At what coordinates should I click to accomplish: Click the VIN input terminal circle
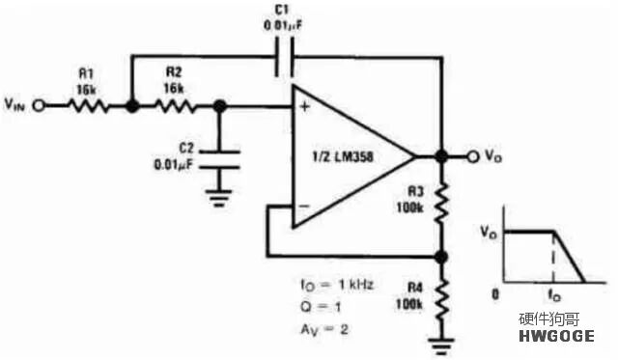point(39,105)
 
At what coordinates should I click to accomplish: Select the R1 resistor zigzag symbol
point(88,105)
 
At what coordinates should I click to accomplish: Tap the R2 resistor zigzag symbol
point(175,105)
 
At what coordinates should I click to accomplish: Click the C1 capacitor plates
point(284,58)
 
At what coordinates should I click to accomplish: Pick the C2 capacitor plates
point(219,159)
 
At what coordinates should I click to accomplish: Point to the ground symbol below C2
point(219,198)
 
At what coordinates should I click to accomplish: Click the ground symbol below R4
point(442,346)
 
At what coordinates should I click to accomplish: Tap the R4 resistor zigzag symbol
point(442,299)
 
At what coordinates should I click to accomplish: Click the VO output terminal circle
point(473,156)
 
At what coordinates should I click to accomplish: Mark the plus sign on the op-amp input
point(305,106)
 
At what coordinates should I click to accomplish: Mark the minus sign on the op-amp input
point(304,206)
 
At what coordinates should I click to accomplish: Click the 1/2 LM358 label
point(343,157)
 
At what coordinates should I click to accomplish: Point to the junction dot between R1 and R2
point(132,105)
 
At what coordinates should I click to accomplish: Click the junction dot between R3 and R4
point(441,257)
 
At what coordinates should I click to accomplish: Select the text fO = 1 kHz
point(337,285)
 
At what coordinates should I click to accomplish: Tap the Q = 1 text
point(321,306)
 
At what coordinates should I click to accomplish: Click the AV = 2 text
point(324,329)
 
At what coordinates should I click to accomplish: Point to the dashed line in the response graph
point(553,257)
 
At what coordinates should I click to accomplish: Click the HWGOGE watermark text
point(556,336)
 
